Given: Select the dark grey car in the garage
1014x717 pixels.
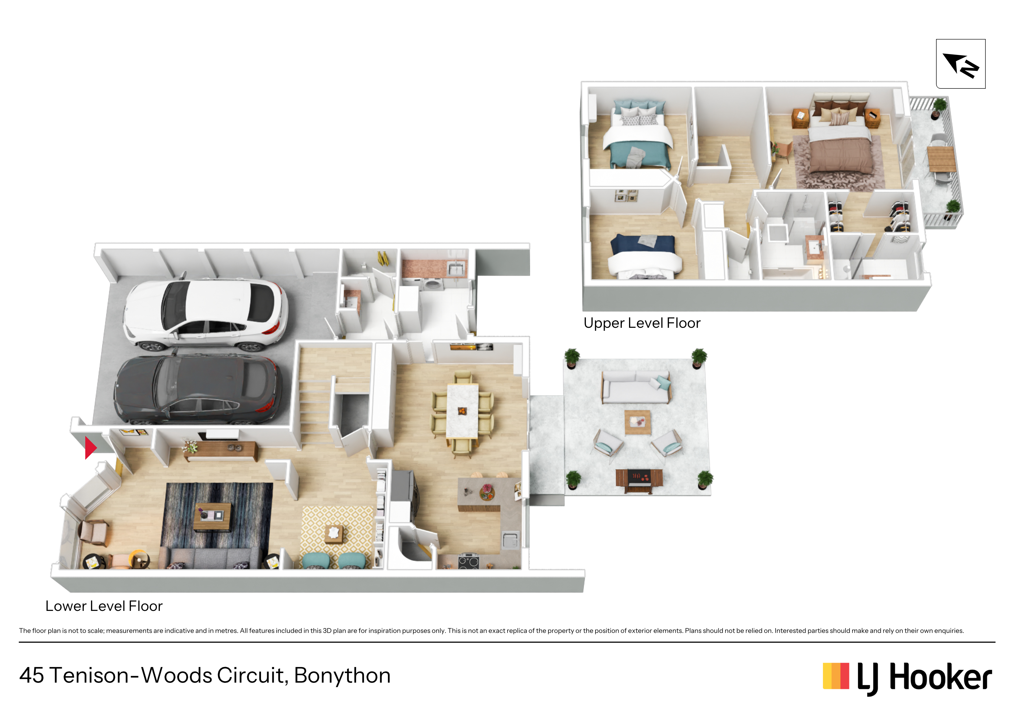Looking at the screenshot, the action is pos(197,389).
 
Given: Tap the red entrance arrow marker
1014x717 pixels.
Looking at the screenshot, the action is pos(90,448).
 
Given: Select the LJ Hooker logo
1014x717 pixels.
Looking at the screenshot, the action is pos(907,677).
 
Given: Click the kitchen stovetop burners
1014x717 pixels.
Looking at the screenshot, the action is pos(469,561).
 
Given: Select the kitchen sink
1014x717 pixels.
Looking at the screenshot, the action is pos(510,540).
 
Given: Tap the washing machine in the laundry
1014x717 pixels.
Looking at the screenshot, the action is pos(432,284).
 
